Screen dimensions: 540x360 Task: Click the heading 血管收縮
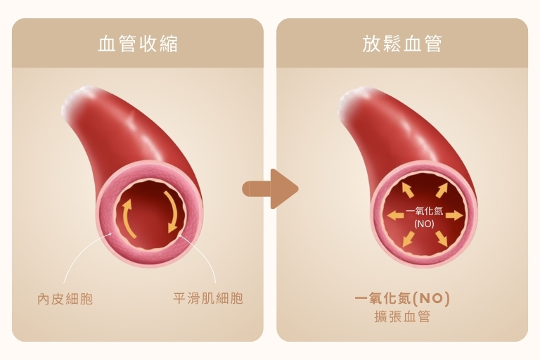[138, 44]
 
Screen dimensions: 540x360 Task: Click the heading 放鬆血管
[402, 44]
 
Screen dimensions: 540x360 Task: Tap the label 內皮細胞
[65, 299]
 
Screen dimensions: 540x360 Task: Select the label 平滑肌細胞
[208, 298]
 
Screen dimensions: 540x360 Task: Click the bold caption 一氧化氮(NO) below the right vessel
[402, 298]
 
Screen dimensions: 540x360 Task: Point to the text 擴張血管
[402, 316]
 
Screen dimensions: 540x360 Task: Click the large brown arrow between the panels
[270, 188]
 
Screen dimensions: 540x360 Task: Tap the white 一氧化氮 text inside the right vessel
[424, 211]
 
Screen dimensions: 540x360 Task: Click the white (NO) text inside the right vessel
[424, 224]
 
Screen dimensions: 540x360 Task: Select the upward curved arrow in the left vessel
[127, 218]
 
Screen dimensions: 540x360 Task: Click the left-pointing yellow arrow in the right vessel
[395, 216]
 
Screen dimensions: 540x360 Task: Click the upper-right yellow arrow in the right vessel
[442, 190]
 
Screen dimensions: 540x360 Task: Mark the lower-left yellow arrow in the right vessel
[409, 239]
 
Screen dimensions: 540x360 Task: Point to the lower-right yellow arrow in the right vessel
[442, 239]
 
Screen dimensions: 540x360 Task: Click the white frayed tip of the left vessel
[77, 100]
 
